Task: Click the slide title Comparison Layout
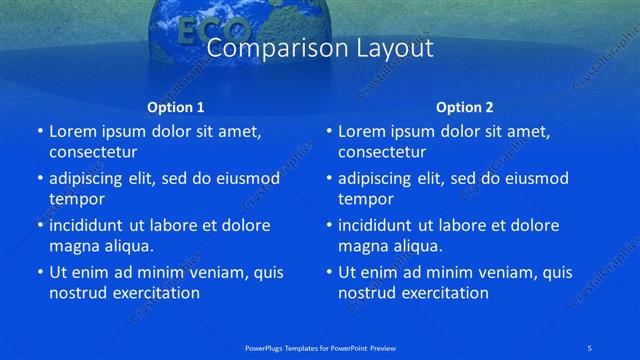coord(319,48)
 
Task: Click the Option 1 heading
coord(175,106)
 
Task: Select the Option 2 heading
coord(465,106)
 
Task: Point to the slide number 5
coord(589,347)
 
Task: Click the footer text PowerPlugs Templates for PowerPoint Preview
coord(320,347)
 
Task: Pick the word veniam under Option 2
coord(489,272)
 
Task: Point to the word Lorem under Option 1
coord(73,131)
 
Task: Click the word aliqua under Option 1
coord(126,246)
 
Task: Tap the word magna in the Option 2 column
coord(361,246)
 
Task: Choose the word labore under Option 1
coord(172,225)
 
